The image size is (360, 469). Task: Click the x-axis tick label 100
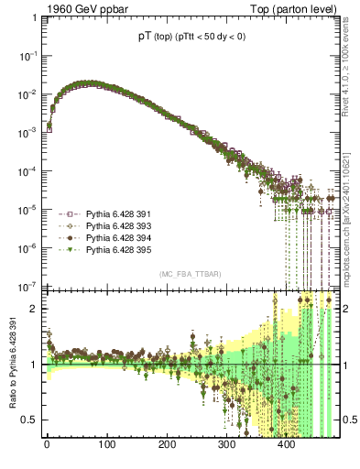(x=106, y=446)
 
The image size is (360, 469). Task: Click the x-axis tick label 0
(x=47, y=446)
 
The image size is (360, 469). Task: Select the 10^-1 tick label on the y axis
(x=27, y=56)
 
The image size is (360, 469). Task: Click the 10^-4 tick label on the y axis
(x=27, y=171)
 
